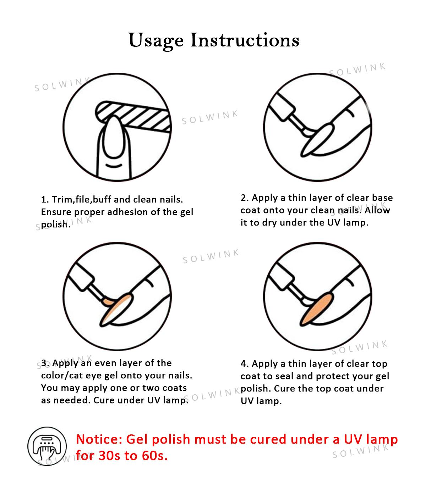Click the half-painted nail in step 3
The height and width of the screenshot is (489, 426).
tap(116, 310)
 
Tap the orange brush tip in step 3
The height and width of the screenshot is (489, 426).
tap(108, 301)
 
